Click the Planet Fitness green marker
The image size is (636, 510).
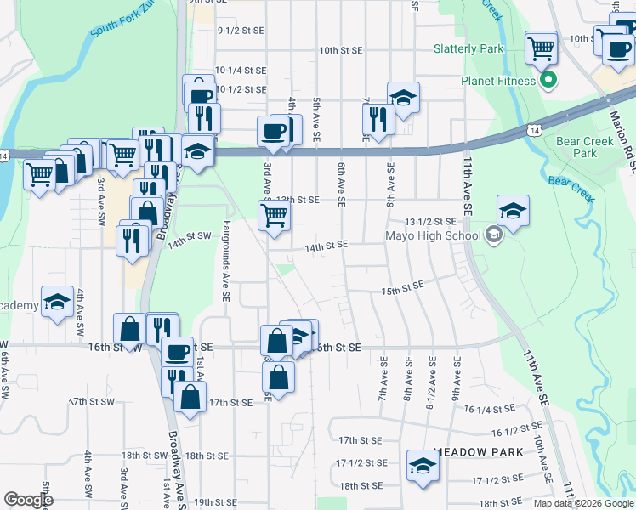click(x=548, y=82)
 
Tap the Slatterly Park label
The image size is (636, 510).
click(x=468, y=49)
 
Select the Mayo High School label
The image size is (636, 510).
click(x=434, y=236)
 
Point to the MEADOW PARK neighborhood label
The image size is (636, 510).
click(x=476, y=452)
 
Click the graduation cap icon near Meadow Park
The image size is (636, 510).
click(x=422, y=465)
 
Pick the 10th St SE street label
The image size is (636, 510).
click(x=340, y=51)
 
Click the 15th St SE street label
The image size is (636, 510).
click(x=402, y=291)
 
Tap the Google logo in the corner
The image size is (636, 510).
click(x=28, y=500)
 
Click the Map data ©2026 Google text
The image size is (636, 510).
click(x=583, y=503)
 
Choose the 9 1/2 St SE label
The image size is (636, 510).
click(x=241, y=30)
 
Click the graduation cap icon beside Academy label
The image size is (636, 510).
click(x=57, y=302)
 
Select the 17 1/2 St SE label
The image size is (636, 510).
click(x=361, y=463)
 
